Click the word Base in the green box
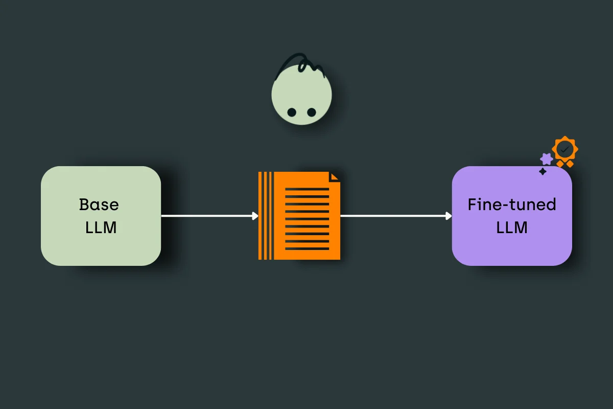pos(99,204)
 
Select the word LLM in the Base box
pos(101,227)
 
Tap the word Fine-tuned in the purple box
pos(512,204)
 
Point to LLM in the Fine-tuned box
pos(512,227)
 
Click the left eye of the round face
pos(292,112)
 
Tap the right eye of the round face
pos(311,112)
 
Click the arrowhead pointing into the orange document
pos(255,216)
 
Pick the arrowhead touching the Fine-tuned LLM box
pos(449,216)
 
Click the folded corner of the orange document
pos(335,176)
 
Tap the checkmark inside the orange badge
pos(564,149)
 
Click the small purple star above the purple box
pos(547,159)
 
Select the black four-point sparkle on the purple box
pos(543,172)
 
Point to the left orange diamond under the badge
pos(560,164)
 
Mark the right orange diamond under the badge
pos(569,164)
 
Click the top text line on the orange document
pos(307,189)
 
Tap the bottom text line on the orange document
pos(307,249)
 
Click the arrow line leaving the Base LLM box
pos(207,216)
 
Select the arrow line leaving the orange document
pos(393,216)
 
